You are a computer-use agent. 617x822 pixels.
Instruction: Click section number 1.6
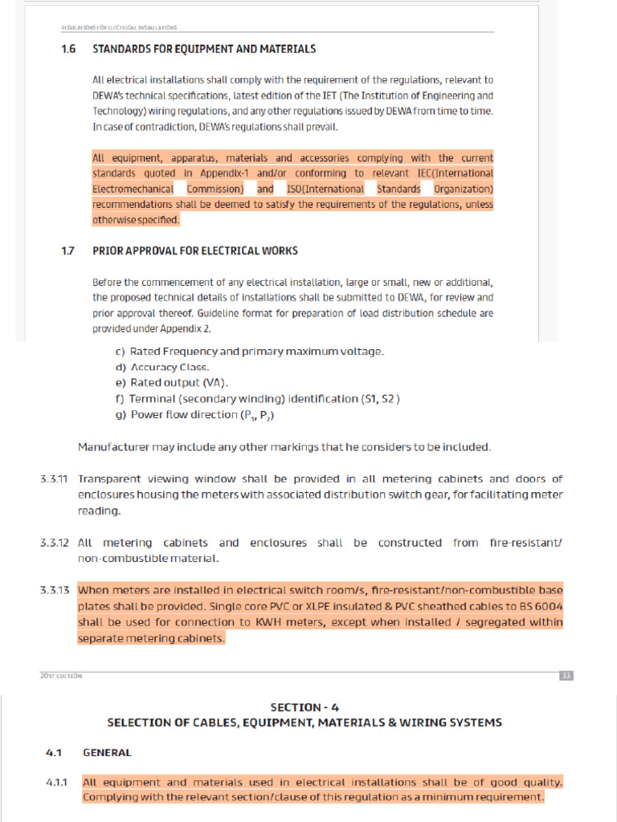tap(68, 49)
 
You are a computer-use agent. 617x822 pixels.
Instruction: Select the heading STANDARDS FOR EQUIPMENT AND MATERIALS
tap(204, 49)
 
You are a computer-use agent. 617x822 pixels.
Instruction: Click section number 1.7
tap(68, 250)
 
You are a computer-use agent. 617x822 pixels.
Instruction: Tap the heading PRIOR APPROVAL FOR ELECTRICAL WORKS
tap(195, 250)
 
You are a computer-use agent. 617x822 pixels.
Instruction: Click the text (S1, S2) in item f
tap(380, 398)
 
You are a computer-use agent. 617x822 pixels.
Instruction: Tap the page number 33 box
tap(566, 676)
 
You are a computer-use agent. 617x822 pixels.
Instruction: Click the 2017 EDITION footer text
tap(61, 676)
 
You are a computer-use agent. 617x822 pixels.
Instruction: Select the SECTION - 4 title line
tap(304, 707)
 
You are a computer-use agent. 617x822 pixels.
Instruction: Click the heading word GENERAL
tap(107, 753)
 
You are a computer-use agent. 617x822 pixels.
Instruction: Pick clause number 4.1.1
tap(56, 782)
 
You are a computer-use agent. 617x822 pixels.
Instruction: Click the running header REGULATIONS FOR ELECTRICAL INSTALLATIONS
tap(119, 27)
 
